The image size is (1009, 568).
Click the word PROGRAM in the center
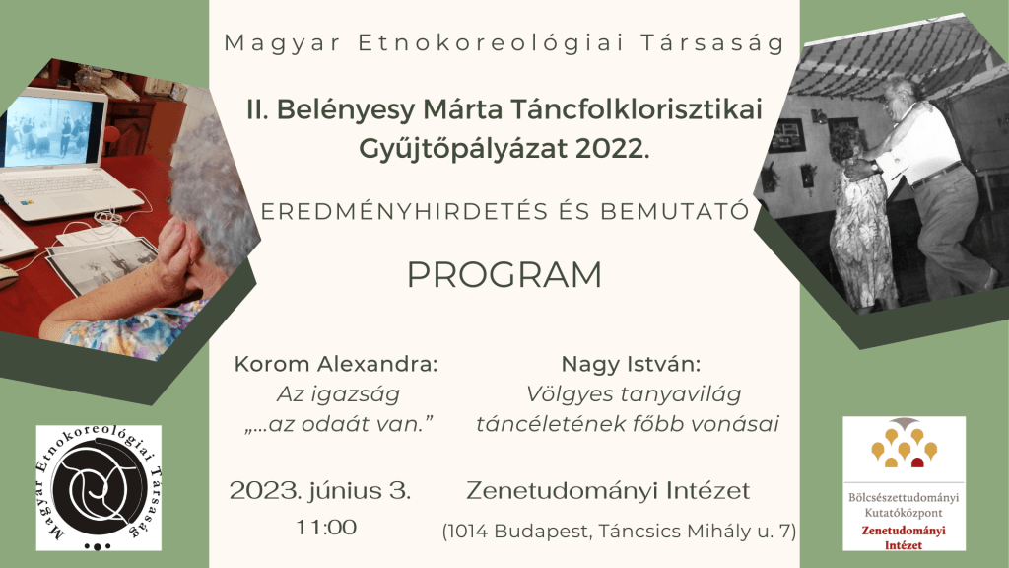[x=504, y=275]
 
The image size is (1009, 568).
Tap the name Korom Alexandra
[x=334, y=364]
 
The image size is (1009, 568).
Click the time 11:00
[x=326, y=528]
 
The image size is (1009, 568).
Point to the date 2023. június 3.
[x=320, y=491]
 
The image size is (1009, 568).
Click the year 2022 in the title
[x=609, y=149]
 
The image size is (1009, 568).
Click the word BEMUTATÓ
[x=675, y=212]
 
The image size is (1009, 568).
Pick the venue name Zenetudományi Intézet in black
[x=608, y=491]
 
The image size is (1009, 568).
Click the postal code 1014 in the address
[x=468, y=532]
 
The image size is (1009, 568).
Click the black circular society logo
[x=99, y=487]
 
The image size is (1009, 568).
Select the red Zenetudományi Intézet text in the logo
[x=904, y=537]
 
